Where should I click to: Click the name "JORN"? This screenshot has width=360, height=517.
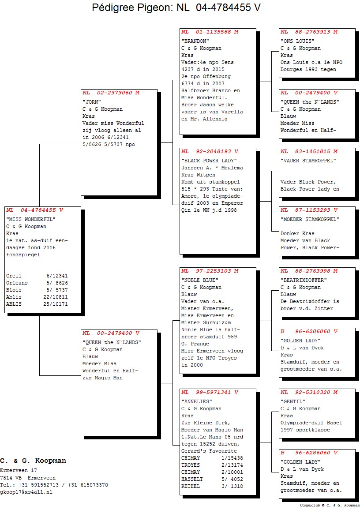pos(92,102)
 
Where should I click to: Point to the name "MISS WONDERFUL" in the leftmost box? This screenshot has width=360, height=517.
pos(30,219)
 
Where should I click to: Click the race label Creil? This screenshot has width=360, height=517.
pos(14,276)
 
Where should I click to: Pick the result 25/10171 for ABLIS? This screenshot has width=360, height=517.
pos(56,304)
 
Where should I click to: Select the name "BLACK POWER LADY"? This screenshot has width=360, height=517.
pos(209,161)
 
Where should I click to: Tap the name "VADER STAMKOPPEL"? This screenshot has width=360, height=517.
pos(308,161)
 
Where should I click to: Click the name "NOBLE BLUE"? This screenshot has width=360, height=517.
pos(199,280)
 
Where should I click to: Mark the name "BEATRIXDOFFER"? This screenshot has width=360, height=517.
pos(304,280)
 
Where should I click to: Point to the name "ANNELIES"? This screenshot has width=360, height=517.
pos(196,401)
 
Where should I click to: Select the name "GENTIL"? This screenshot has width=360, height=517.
pos(293,401)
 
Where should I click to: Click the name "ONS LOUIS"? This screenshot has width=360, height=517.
pos(297,41)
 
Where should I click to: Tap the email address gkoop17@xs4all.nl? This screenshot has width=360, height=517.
pos(26,492)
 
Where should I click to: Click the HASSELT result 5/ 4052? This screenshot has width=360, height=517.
pos(232,480)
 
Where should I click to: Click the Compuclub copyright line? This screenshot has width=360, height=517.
pos(330,506)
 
